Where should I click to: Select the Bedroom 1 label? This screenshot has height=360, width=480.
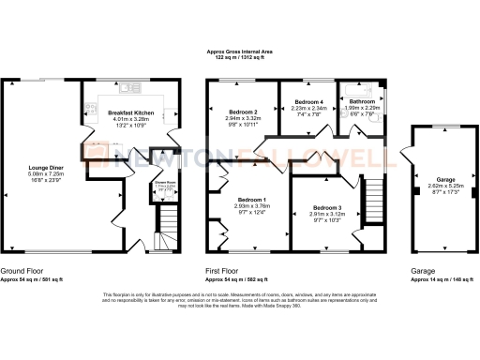[251, 200]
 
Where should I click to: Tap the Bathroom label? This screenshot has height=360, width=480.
[362, 101]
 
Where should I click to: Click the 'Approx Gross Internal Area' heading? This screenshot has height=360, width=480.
[241, 54]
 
